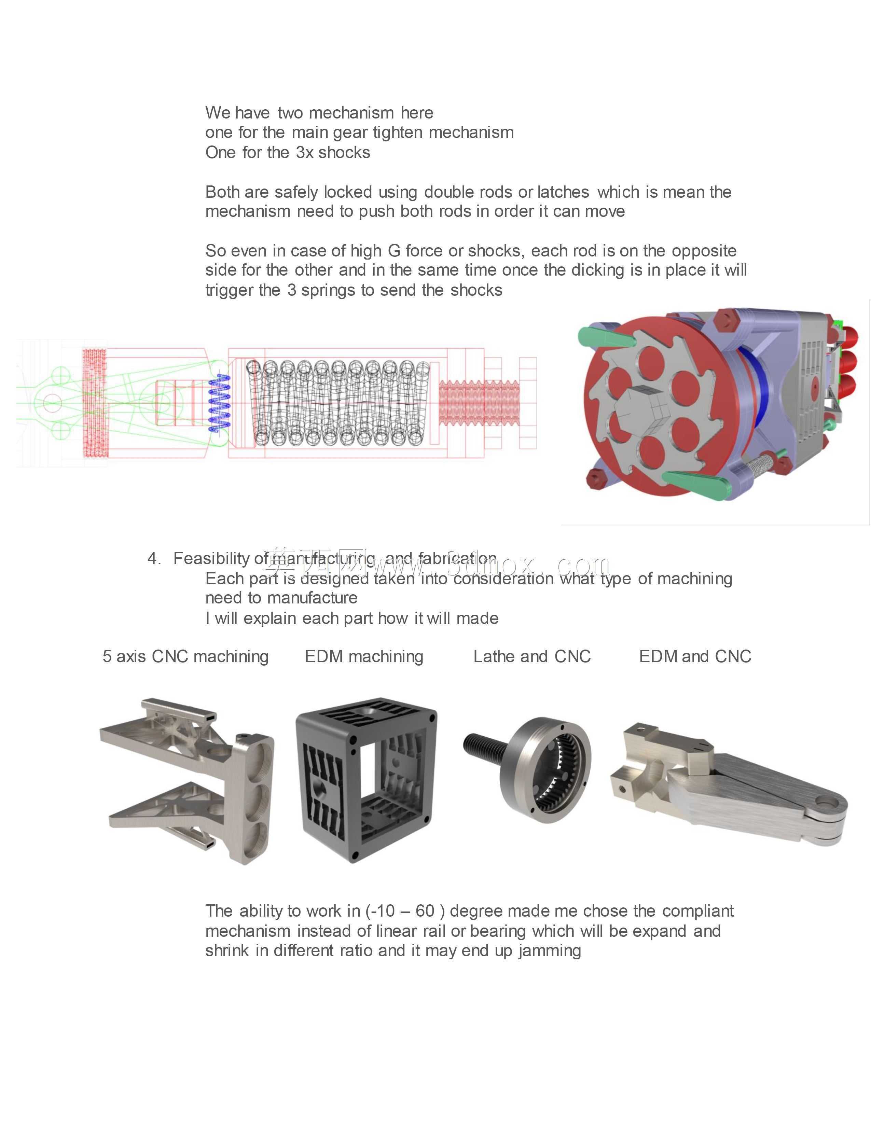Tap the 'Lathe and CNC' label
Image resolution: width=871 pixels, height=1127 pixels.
532,656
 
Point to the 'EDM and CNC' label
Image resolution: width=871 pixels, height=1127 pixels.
695,656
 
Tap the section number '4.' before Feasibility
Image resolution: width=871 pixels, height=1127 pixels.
154,558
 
